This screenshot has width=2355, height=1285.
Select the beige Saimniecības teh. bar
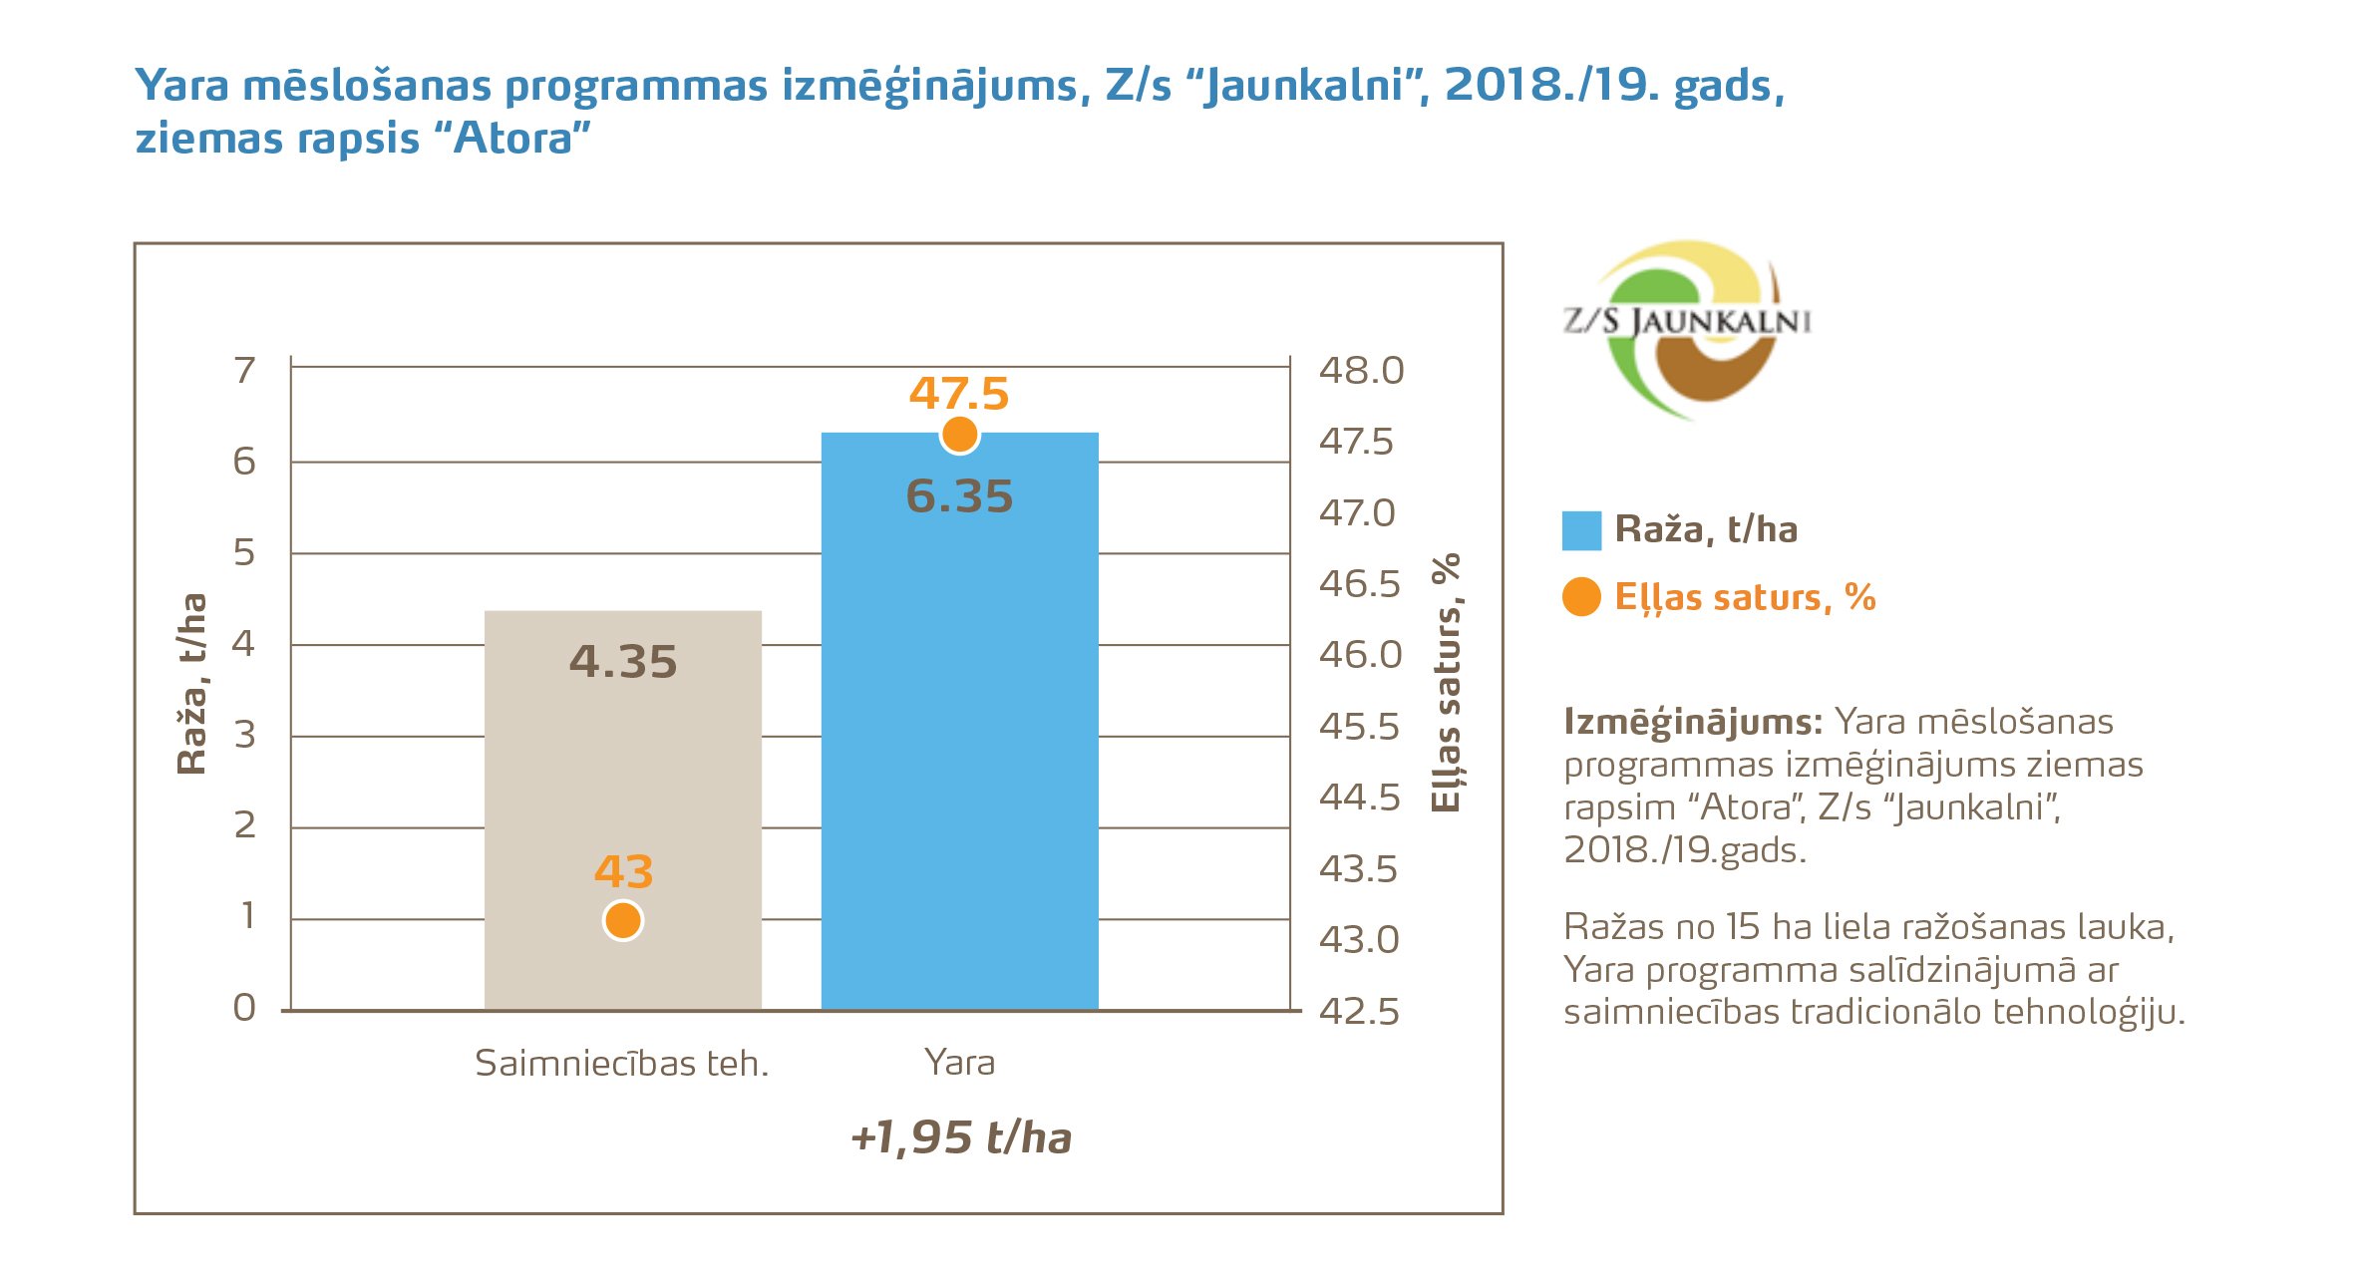click(622, 778)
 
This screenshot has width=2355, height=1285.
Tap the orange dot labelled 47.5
click(959, 435)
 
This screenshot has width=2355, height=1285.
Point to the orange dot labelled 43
click(623, 920)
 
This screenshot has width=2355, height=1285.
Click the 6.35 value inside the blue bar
click(959, 496)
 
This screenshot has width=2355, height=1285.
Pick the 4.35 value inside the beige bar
click(623, 662)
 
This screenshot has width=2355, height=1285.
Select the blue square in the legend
click(1581, 530)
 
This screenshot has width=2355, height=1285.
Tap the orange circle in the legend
click(1581, 597)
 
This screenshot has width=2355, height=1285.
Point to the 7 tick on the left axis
click(244, 370)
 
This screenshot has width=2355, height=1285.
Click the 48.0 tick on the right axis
click(1361, 371)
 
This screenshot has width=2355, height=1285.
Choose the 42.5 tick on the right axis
click(1359, 1012)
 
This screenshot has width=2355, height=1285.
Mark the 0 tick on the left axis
click(244, 1008)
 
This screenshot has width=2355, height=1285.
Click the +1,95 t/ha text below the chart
click(960, 1137)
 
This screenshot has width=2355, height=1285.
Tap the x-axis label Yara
click(959, 1063)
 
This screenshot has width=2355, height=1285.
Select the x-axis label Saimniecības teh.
click(621, 1064)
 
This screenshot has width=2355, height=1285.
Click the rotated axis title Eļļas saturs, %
click(1446, 683)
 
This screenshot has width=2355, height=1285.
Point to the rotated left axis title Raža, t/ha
click(191, 684)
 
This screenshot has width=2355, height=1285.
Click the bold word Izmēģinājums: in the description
click(1692, 722)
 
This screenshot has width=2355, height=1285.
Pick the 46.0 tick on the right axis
click(1360, 655)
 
